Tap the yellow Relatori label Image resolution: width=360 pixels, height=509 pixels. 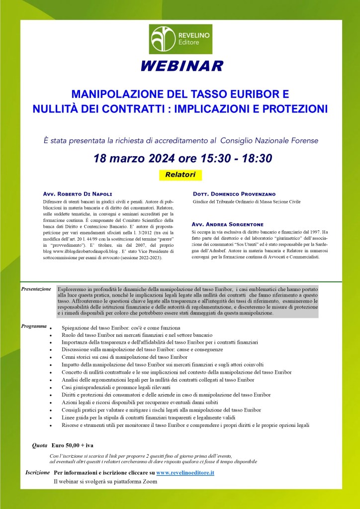(x=180, y=175)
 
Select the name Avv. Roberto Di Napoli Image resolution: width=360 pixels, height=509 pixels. (x=78, y=194)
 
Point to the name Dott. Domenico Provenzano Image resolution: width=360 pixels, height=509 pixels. (x=233, y=194)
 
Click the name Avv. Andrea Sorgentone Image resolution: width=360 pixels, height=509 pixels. (x=227, y=224)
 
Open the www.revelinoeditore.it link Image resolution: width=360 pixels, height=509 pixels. (x=185, y=472)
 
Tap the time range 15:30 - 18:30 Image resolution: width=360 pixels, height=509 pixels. (x=235, y=158)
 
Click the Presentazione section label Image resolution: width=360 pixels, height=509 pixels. (x=36, y=289)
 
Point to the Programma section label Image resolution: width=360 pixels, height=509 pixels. (x=34, y=326)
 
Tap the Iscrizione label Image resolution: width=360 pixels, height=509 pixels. (x=38, y=472)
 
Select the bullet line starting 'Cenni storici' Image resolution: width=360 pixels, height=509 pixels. (x=124, y=357)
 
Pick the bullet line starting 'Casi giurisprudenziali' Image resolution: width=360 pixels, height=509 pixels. (x=116, y=387)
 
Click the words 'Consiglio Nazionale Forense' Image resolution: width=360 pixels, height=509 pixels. (x=269, y=140)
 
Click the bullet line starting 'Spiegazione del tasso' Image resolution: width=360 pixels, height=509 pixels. (x=121, y=328)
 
